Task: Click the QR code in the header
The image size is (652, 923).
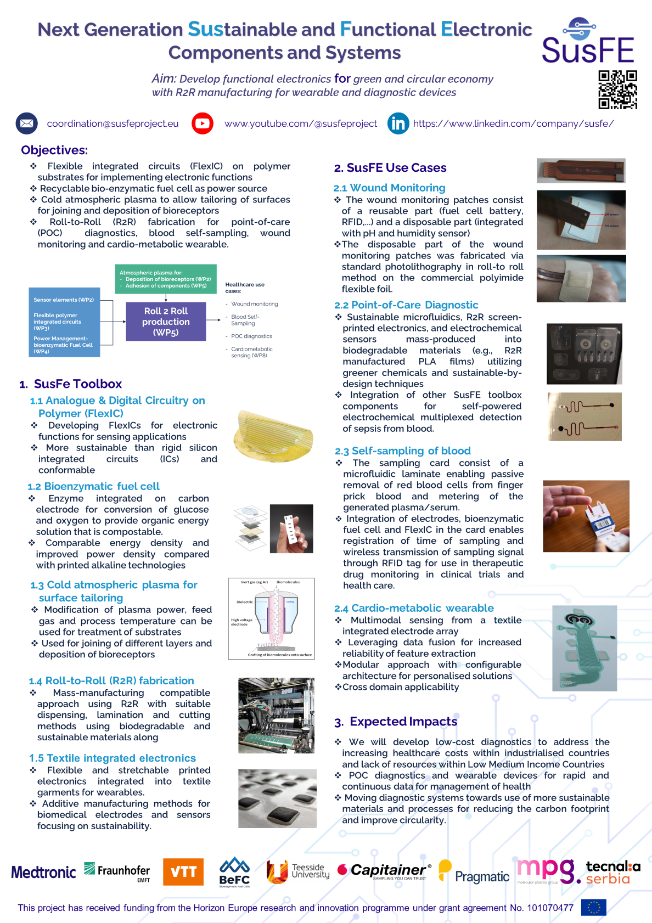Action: coord(617,89)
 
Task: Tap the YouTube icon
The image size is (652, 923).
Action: coord(203,123)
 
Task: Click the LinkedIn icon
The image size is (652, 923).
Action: coord(398,123)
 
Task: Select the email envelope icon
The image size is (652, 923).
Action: coord(26,123)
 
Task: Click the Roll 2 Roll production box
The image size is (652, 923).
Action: coord(166,322)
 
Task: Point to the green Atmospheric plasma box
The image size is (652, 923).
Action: coord(165,279)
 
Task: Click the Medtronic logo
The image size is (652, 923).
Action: coord(43,872)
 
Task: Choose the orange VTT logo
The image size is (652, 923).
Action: coord(183,872)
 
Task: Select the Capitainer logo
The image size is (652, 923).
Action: coord(384,871)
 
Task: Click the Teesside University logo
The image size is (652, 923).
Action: coord(298,871)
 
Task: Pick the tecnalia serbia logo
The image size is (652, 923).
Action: coord(612,872)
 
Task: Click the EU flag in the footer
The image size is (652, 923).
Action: coord(593,908)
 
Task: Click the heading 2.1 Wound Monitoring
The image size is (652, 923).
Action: coord(389,188)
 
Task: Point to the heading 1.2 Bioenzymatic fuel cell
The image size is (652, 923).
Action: coord(93,486)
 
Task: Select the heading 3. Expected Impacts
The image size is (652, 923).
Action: coord(396,722)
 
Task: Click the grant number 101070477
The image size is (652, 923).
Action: coord(550,908)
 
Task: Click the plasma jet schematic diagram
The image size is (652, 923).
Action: coord(271,618)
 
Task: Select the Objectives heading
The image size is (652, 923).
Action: coord(54,150)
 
